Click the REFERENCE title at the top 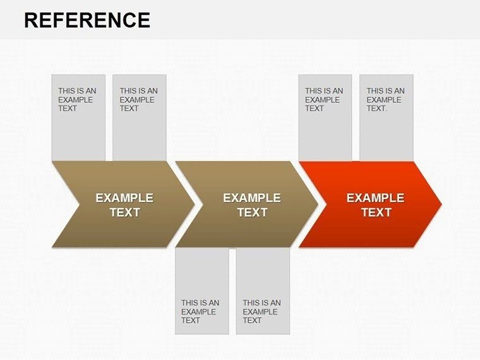[87, 20]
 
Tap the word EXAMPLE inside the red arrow [375, 198]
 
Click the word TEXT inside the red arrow [376, 213]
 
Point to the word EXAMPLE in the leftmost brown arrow [124, 198]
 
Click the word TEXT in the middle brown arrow [252, 213]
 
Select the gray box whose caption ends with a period [386, 118]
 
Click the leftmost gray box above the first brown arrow [78, 118]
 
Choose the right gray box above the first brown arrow [139, 118]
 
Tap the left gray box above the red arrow [325, 118]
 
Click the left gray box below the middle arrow [201, 291]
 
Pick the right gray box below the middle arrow [263, 291]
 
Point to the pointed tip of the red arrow [440, 204]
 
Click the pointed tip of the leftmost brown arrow [193, 204]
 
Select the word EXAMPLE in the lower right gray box [260, 312]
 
